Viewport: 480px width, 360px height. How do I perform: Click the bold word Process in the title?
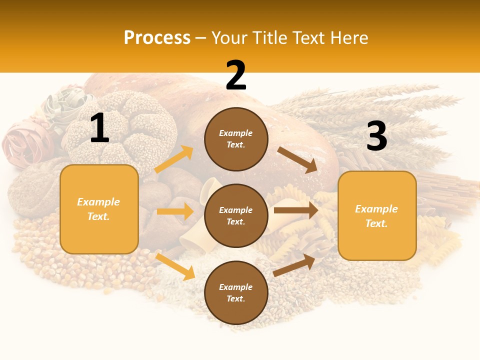[157, 37]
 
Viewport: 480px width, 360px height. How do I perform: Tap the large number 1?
[99, 129]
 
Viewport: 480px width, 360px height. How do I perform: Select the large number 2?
[236, 76]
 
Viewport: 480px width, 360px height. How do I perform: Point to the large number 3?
[376, 136]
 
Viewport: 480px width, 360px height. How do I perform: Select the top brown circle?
[236, 139]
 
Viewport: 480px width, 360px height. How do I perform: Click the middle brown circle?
[236, 215]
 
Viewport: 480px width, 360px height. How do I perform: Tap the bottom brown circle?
[236, 292]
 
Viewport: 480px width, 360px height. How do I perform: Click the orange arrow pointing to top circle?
[174, 159]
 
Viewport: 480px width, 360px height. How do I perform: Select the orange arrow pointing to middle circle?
[175, 211]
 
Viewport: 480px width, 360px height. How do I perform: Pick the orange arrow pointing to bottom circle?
[175, 266]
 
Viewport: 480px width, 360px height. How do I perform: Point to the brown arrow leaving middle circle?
[296, 210]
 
